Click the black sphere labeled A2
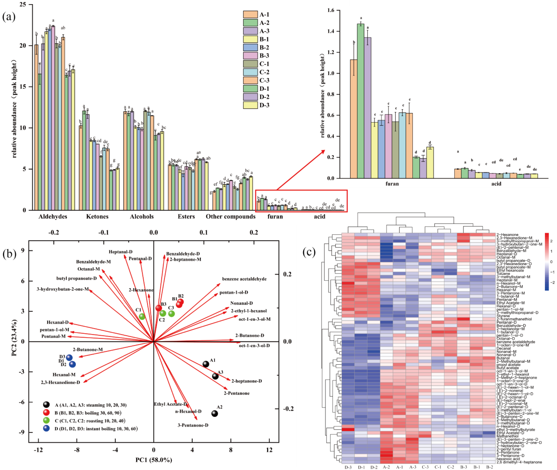click(x=215, y=414)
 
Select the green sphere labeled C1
click(x=142, y=316)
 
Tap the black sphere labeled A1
click(x=206, y=364)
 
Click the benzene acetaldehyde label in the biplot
click(x=244, y=279)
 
